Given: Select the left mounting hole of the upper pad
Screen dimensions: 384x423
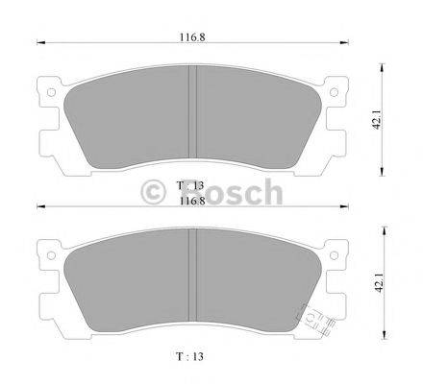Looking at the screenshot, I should coord(47,93).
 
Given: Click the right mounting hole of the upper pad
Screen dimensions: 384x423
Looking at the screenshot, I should coord(337,93).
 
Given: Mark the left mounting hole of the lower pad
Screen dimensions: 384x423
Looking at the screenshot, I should coord(47,257).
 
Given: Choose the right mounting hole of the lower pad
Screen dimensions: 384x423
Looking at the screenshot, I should coord(337,257).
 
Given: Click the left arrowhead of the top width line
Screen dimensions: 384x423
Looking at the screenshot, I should coord(38,42).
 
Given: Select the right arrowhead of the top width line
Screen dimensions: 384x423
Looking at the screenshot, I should coord(348,42).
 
